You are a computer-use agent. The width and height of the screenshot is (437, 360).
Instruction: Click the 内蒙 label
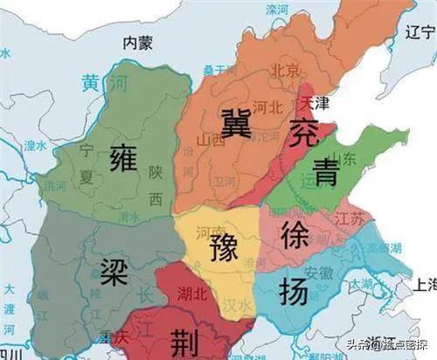point(137,41)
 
